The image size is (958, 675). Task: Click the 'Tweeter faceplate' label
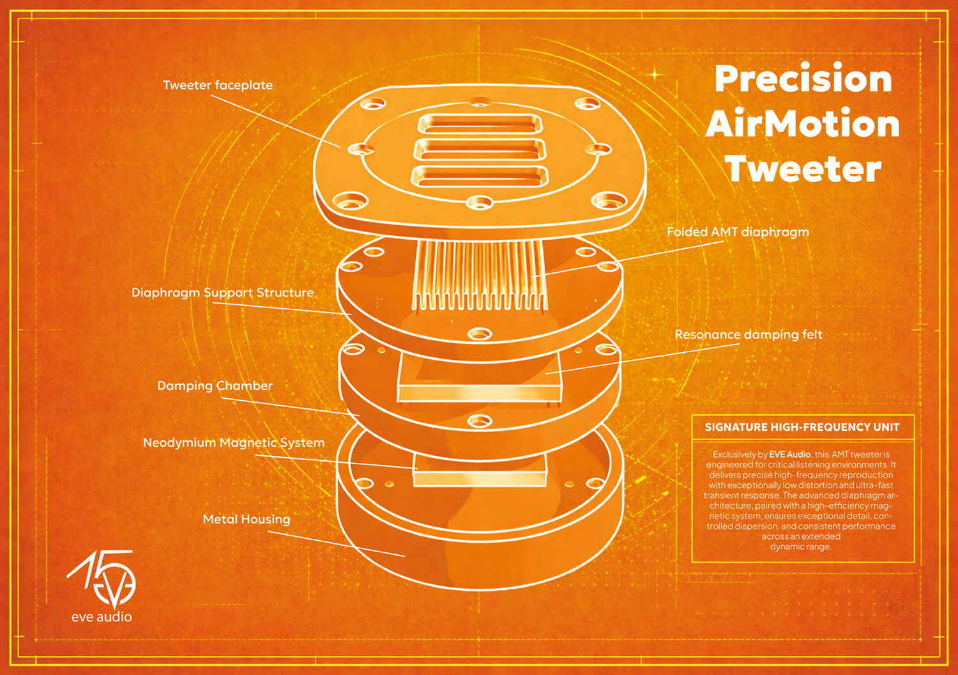(218, 85)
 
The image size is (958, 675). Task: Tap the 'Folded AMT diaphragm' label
(738, 232)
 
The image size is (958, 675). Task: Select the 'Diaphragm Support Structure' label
(222, 293)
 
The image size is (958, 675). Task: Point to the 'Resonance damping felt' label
(749, 335)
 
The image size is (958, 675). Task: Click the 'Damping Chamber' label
(215, 385)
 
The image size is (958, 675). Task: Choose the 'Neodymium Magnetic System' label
(234, 442)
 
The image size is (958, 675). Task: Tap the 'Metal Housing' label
(247, 519)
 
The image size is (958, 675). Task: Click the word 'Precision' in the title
(803, 80)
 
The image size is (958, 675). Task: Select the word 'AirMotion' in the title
(803, 124)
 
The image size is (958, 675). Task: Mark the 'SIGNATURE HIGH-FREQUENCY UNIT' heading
(802, 427)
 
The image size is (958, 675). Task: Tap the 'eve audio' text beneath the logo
(102, 617)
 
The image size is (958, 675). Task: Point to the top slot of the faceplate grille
(480, 124)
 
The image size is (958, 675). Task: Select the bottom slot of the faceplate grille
(480, 176)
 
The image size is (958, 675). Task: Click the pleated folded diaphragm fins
(479, 275)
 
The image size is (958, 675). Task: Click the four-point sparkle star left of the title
(655, 75)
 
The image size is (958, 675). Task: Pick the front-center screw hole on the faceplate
(480, 202)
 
